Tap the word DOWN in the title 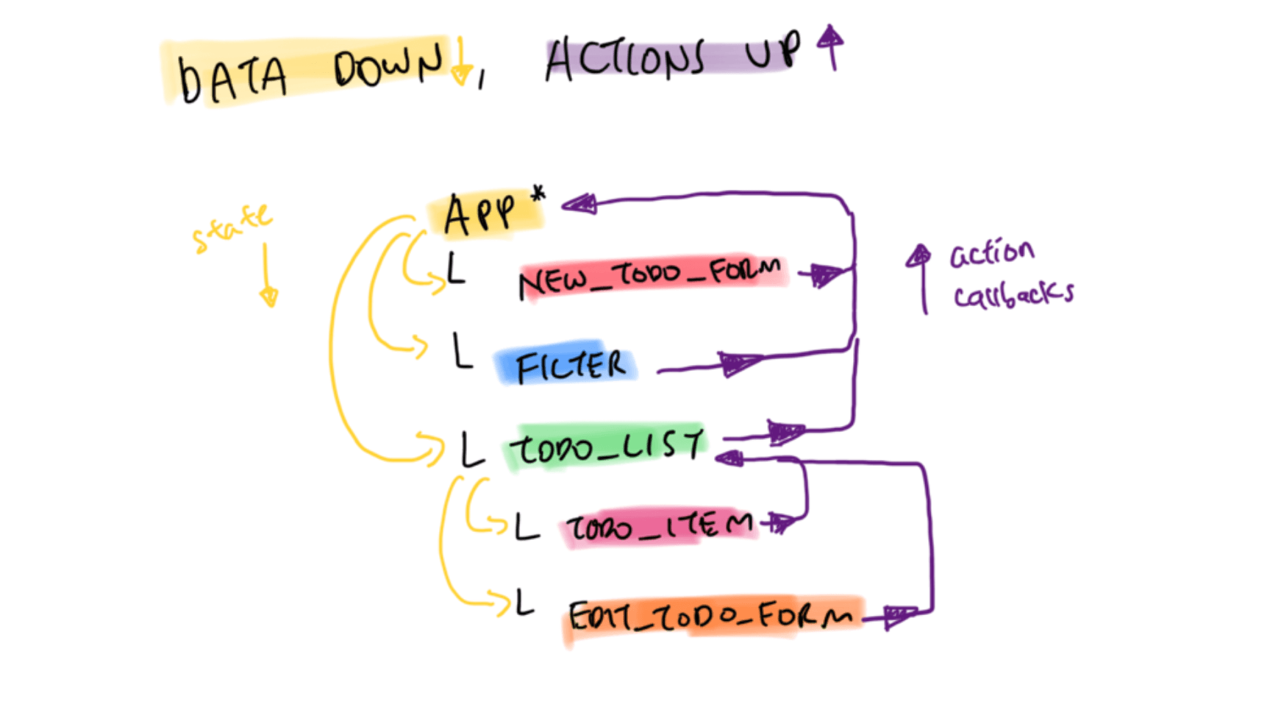pyautogui.click(x=388, y=65)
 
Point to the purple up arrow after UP pyautogui.click(x=831, y=47)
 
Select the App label pyautogui.click(x=479, y=215)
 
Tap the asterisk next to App pyautogui.click(x=538, y=194)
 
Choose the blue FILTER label pyautogui.click(x=571, y=366)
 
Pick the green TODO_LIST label pyautogui.click(x=607, y=446)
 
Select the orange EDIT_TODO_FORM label pyautogui.click(x=710, y=617)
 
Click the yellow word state pyautogui.click(x=232, y=227)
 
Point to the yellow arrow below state pyautogui.click(x=267, y=275)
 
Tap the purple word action pyautogui.click(x=992, y=254)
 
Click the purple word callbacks pyautogui.click(x=1013, y=294)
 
